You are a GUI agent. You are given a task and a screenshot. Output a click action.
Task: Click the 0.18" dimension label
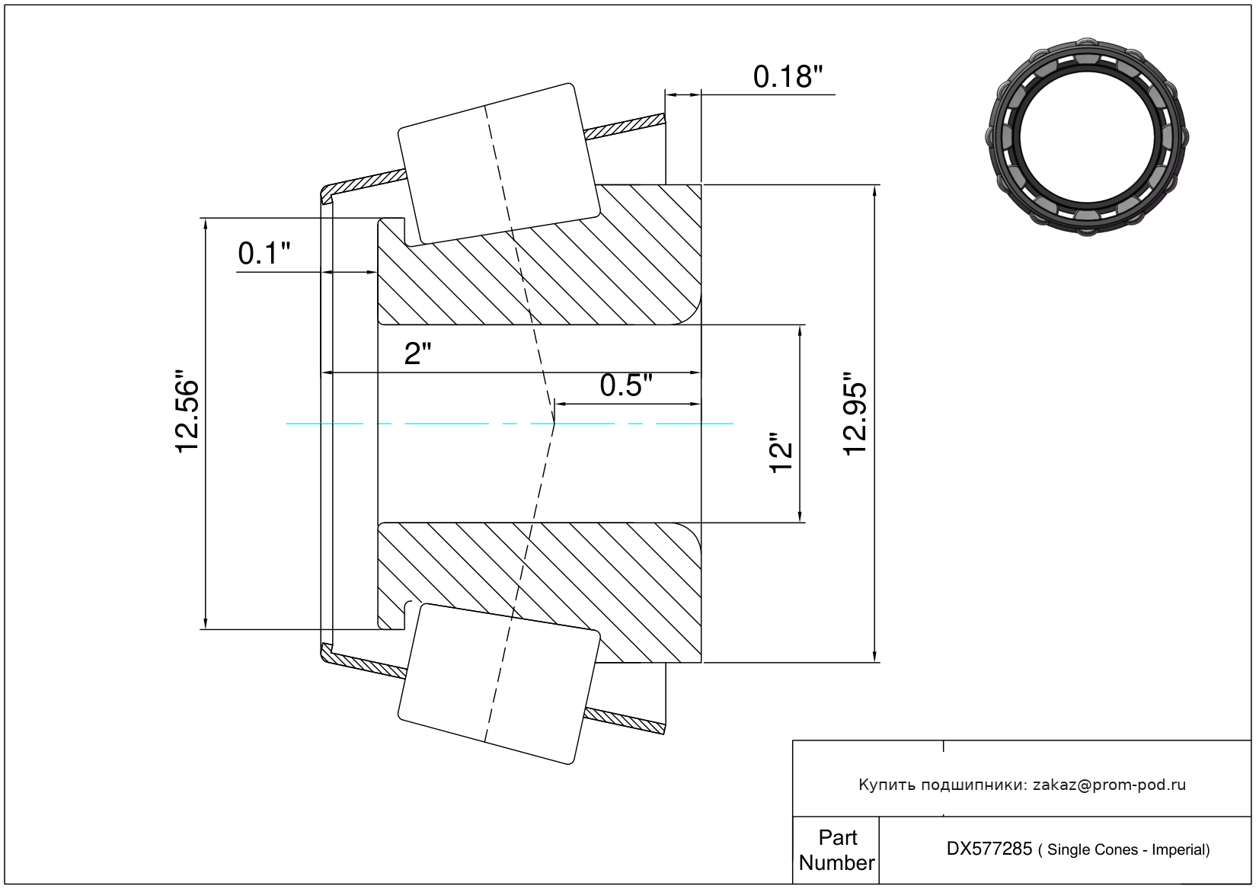tap(788, 77)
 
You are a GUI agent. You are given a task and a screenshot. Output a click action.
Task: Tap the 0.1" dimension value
tap(264, 254)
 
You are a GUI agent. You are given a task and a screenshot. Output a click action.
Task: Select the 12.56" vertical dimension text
tap(187, 411)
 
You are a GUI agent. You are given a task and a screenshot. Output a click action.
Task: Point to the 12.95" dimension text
tap(855, 414)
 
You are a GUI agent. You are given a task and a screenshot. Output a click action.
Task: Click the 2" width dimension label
tap(417, 354)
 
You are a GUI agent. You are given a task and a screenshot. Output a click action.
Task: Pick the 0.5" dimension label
tap(626, 385)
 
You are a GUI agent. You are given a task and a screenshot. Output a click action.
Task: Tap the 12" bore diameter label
tap(781, 452)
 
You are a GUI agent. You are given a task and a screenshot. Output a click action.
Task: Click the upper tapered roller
tap(498, 164)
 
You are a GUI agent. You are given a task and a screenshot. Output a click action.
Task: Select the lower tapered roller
tap(498, 683)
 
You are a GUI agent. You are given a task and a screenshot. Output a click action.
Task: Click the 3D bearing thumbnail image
tap(1087, 136)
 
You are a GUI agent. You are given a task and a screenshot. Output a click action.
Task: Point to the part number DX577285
tap(989, 849)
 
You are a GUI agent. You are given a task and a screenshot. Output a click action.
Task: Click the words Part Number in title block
tap(837, 849)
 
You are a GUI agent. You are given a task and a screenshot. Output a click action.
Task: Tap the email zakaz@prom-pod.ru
tap(1109, 785)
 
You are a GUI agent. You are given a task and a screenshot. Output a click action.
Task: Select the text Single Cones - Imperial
tap(1128, 849)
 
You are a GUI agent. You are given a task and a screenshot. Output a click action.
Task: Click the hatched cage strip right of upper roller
tap(625, 126)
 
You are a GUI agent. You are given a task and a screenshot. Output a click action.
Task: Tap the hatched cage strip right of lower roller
tap(625, 721)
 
